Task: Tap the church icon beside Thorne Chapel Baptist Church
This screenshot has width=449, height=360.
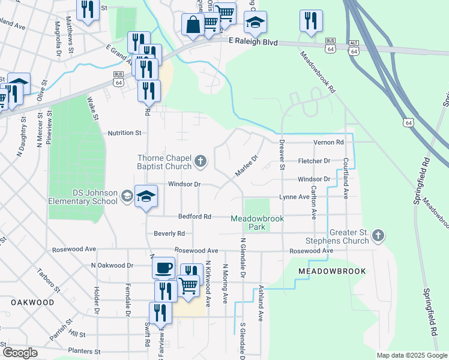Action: [x=200, y=161]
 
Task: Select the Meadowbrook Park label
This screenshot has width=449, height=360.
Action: [x=257, y=223]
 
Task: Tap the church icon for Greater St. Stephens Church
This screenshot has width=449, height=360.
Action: [x=378, y=235]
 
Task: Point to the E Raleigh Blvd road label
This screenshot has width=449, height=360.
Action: [x=254, y=42]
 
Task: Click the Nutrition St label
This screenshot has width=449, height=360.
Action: [x=124, y=133]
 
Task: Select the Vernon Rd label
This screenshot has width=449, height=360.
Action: [x=328, y=142]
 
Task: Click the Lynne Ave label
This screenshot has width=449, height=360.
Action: [x=294, y=197]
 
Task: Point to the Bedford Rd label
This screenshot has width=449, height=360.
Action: [x=194, y=216]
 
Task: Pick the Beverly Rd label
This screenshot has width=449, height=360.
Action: [x=169, y=233]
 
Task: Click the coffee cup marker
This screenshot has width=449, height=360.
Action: [x=164, y=268]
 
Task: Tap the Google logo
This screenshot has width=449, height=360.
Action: [x=20, y=353]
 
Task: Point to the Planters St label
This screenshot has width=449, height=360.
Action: [x=83, y=351]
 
